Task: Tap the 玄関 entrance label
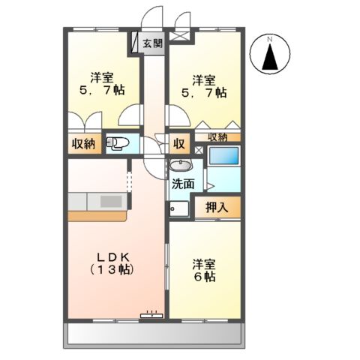pos(154,43)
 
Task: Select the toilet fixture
pos(120,144)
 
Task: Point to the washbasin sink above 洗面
pos(180,166)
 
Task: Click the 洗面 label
pos(182,183)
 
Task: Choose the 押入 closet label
pos(217,207)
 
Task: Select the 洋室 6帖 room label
pos(205,271)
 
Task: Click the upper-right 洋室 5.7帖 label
pos(205,86)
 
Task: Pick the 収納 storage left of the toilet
pos(83,144)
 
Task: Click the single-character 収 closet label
pos(179,144)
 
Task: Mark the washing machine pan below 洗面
pos(178,208)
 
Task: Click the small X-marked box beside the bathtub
pos(199,149)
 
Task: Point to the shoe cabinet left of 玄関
pos(137,43)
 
